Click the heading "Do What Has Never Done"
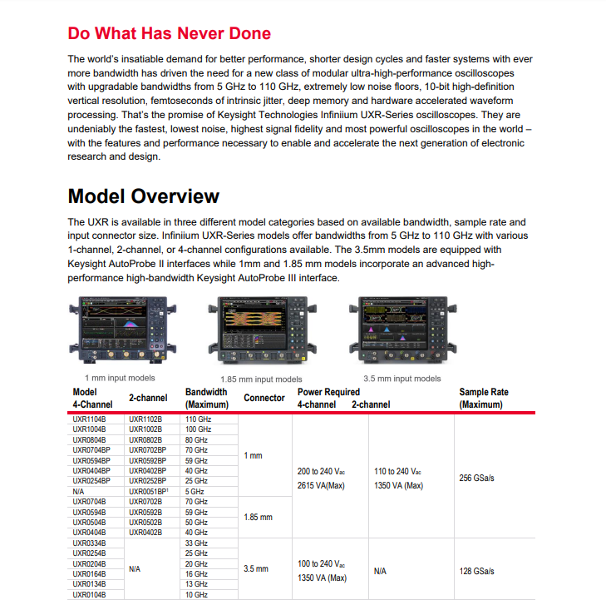(x=169, y=33)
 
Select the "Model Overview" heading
(x=143, y=196)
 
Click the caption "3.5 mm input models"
(x=402, y=379)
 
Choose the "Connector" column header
(x=264, y=398)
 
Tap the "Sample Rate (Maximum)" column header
(x=483, y=398)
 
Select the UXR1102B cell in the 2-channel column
(x=146, y=419)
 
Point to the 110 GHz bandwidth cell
(x=198, y=419)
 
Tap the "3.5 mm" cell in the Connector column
(x=256, y=569)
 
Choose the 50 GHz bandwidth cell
(x=196, y=522)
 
